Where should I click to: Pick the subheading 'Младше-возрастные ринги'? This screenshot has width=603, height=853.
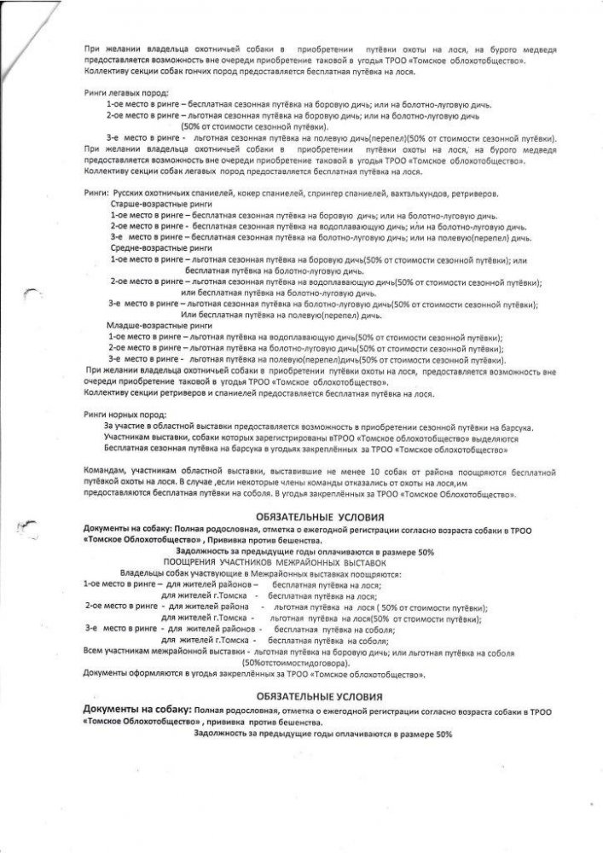coord(151,325)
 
